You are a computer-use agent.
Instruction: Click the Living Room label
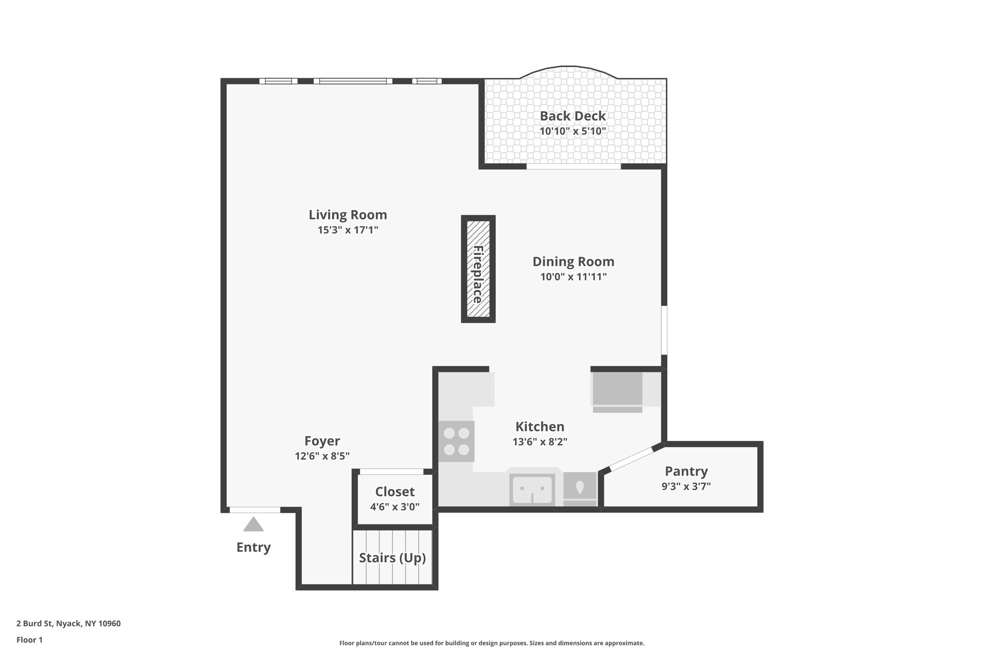click(x=347, y=215)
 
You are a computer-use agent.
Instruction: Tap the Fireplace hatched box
click(x=478, y=269)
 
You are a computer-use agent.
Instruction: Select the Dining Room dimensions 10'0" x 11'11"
click(x=573, y=277)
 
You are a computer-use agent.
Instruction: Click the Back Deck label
click(x=572, y=116)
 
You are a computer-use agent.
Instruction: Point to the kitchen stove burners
click(x=456, y=441)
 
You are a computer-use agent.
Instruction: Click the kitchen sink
click(x=532, y=489)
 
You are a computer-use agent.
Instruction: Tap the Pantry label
click(x=686, y=471)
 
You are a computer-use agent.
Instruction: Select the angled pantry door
click(x=631, y=459)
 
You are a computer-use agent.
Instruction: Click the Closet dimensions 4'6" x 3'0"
click(x=394, y=507)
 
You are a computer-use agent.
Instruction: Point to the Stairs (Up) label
click(x=393, y=557)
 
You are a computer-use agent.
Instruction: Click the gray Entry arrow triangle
click(x=253, y=525)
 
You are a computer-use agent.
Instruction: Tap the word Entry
click(x=253, y=547)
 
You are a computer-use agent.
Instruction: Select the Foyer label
click(x=322, y=441)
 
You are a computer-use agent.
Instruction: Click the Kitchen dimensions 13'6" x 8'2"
click(x=540, y=442)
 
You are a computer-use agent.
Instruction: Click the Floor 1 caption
click(x=29, y=640)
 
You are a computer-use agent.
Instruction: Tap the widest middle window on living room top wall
click(x=353, y=81)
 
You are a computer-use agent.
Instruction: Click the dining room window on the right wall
click(x=664, y=330)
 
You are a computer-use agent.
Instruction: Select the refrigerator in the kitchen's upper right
click(x=617, y=389)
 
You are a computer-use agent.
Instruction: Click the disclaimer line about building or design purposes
click(x=492, y=643)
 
